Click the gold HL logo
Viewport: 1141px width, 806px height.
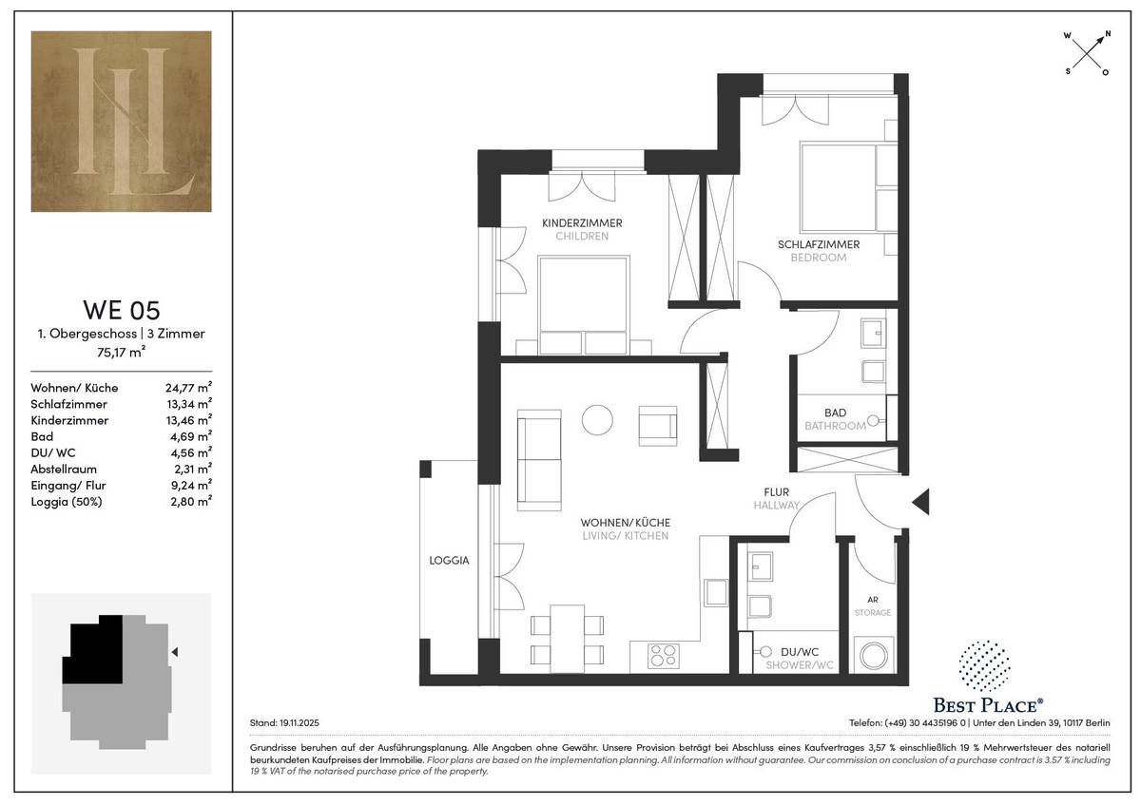(122, 121)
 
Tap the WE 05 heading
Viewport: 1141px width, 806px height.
(122, 310)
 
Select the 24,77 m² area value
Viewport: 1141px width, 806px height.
(188, 388)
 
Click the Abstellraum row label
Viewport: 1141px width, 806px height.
(64, 469)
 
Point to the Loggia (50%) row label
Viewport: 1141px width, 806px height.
(67, 502)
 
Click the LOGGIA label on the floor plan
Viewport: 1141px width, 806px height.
(449, 561)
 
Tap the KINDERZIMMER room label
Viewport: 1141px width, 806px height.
(582, 223)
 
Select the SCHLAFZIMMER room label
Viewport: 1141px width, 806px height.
(819, 244)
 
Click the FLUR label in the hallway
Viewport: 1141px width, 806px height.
(776, 492)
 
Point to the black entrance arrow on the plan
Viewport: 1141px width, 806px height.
(921, 502)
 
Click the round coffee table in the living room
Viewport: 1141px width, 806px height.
(597, 420)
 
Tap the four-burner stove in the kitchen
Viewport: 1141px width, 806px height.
(664, 657)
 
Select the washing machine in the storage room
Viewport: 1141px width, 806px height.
(874, 655)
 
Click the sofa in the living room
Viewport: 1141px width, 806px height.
(539, 460)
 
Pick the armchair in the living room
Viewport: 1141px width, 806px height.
(658, 426)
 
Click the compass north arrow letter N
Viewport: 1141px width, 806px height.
(1108, 33)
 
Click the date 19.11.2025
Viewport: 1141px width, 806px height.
(300, 723)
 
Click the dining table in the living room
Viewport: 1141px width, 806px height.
(567, 639)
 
